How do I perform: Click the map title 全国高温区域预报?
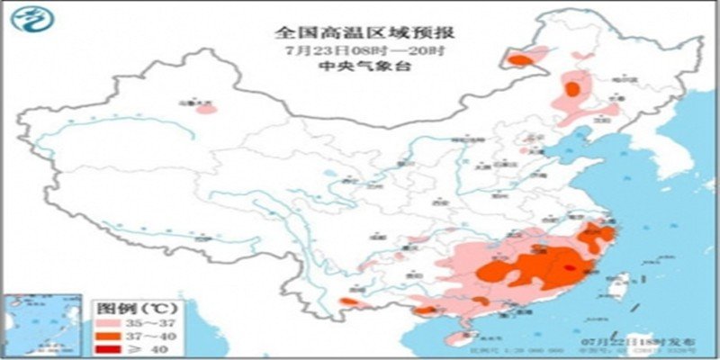click(x=364, y=32)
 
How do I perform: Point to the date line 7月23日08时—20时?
click(x=364, y=50)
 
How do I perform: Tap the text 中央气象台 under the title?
click(x=364, y=67)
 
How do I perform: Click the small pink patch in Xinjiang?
click(x=206, y=111)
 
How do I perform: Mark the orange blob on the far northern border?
click(x=518, y=60)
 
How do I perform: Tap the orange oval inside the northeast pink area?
click(x=572, y=88)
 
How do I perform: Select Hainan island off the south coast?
click(x=458, y=338)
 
